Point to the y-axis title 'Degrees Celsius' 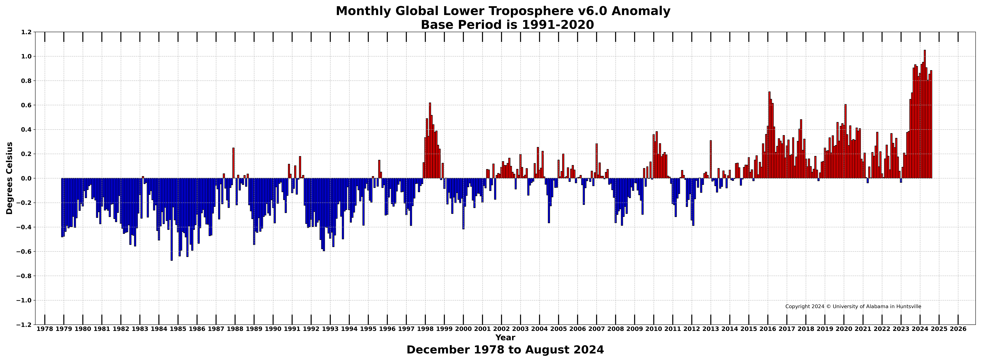(x=10, y=178)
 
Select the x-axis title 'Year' (x=505, y=338)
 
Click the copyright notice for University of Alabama (x=853, y=306)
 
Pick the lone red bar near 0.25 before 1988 (x=234, y=163)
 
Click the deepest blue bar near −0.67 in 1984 (x=172, y=219)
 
